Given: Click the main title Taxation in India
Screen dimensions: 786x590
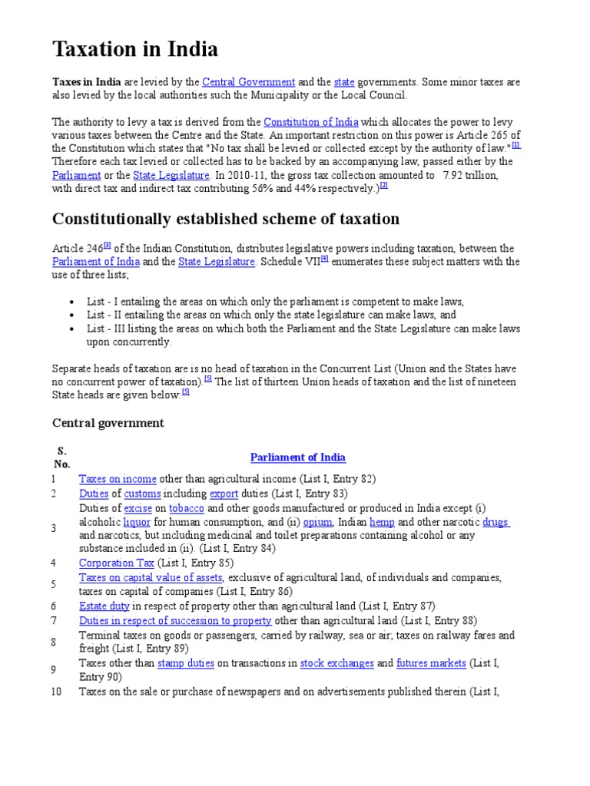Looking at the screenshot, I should [x=135, y=50].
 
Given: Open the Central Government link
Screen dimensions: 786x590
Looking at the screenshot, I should [x=249, y=81].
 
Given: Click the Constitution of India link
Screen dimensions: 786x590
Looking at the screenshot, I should [x=311, y=121].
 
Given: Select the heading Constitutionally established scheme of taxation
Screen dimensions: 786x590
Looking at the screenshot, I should [x=226, y=219].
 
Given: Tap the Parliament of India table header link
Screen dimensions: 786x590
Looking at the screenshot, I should [x=298, y=457].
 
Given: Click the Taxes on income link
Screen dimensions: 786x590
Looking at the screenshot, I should [x=118, y=479].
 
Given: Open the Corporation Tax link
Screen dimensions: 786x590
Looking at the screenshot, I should [x=117, y=563].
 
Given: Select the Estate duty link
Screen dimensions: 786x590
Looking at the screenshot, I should [x=104, y=606].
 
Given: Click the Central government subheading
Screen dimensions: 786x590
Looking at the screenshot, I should [x=108, y=423].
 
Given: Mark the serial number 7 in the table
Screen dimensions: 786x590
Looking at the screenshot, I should [x=55, y=620].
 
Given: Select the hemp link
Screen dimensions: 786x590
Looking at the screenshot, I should [x=382, y=522].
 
